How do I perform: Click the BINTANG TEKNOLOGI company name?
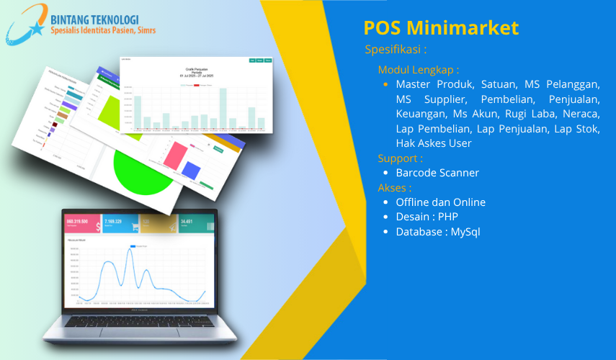click(x=94, y=19)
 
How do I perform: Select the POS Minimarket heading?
click(x=441, y=27)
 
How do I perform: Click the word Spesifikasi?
click(x=396, y=50)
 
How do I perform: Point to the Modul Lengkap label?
click(x=418, y=70)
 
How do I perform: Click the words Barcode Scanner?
click(x=437, y=173)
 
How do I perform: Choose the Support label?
click(x=400, y=158)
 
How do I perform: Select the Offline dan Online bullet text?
click(x=440, y=202)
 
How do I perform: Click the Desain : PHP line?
click(x=427, y=217)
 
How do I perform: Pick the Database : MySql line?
click(x=437, y=232)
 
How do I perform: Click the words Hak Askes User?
click(x=434, y=143)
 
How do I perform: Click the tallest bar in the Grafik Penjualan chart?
click(x=223, y=108)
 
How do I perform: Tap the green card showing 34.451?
click(x=196, y=224)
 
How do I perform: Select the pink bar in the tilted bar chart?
click(x=174, y=156)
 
